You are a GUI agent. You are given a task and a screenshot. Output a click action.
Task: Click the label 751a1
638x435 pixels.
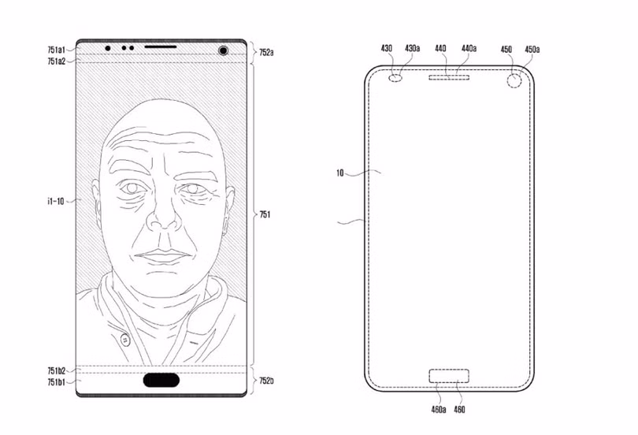click(56, 50)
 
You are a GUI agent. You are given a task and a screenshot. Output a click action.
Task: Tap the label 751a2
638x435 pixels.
click(56, 61)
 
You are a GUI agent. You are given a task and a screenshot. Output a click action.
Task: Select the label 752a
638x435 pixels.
click(266, 53)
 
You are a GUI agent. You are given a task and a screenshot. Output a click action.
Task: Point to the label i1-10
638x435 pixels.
click(55, 201)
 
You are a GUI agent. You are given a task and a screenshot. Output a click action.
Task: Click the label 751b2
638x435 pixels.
click(56, 370)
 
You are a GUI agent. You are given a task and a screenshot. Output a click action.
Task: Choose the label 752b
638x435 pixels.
click(266, 381)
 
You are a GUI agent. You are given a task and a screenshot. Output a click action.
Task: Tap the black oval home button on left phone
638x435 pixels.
click(161, 380)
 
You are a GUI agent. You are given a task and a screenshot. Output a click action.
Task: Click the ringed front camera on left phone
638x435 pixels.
click(223, 50)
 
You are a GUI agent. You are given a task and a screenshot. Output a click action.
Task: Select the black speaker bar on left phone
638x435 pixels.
click(161, 46)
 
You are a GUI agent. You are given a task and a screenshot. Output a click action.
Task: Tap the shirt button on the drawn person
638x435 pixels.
click(125, 339)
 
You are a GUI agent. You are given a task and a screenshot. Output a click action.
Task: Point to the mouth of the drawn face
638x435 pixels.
click(163, 256)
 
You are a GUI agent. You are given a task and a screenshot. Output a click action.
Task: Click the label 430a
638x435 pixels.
click(412, 48)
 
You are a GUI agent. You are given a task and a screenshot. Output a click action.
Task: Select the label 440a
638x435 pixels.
click(469, 49)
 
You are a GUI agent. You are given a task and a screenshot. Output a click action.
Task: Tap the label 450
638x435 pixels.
click(506, 49)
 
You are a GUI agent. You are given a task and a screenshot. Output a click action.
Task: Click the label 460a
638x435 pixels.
click(439, 409)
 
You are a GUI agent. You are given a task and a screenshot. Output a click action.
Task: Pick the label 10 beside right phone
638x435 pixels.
click(340, 173)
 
